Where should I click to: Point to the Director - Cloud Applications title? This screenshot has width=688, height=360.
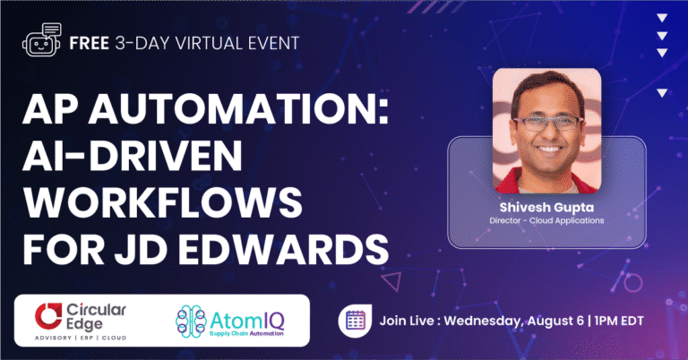pos(546,219)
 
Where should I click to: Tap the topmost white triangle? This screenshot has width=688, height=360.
pos(661,17)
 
